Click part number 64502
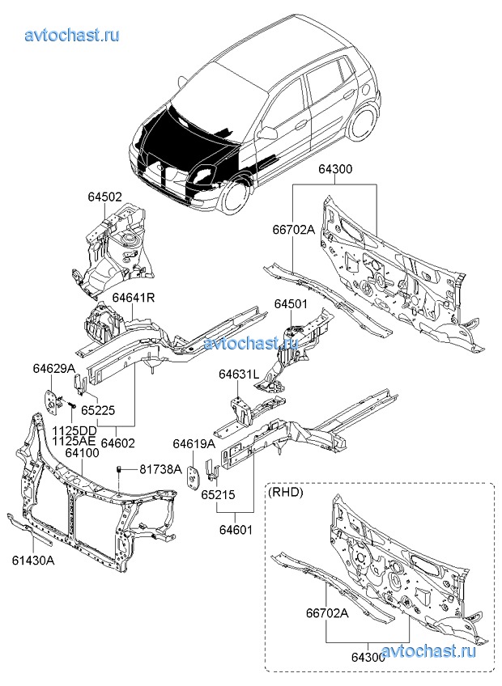(105, 197)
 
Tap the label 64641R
(133, 298)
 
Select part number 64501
(290, 304)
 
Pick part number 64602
(118, 443)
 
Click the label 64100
(83, 454)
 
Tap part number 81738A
(160, 468)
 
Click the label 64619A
(194, 443)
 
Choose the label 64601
(235, 530)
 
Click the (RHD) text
(285, 491)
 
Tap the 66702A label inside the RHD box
(326, 613)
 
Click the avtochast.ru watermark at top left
(73, 35)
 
